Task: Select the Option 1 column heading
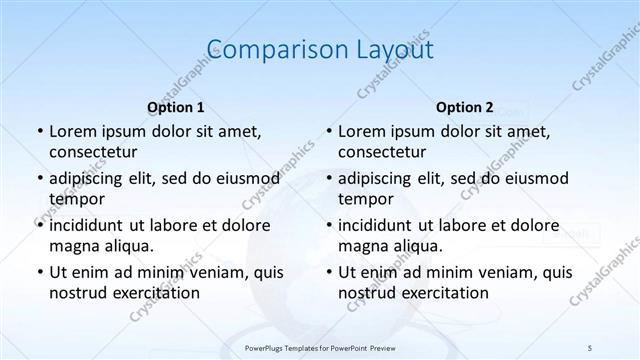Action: tap(176, 106)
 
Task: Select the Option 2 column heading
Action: tap(465, 106)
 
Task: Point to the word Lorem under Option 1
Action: tap(73, 131)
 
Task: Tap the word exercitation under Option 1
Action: tap(156, 292)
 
